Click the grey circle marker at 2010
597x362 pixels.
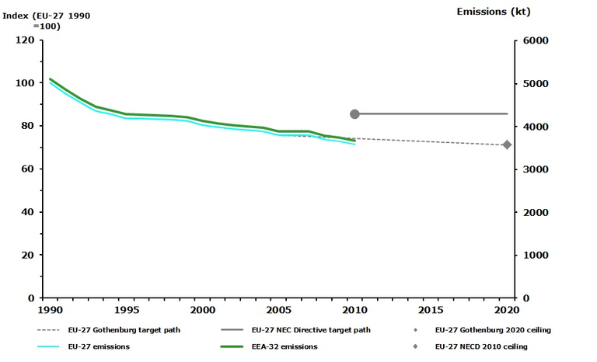pyautogui.click(x=354, y=114)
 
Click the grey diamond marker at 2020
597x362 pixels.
pyautogui.click(x=507, y=144)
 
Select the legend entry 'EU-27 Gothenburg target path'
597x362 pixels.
pyautogui.click(x=124, y=330)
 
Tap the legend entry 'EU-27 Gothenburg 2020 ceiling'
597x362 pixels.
pyautogui.click(x=493, y=330)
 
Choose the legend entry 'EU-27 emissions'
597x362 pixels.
pyautogui.click(x=98, y=346)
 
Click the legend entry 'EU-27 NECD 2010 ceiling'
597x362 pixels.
pyautogui.click(x=481, y=346)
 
